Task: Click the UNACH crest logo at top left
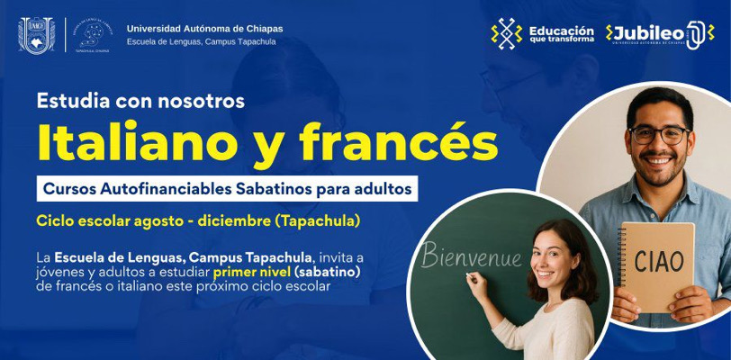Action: pyautogui.click(x=37, y=34)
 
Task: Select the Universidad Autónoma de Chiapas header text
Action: pyautogui.click(x=204, y=29)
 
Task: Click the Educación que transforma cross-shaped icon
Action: pyautogui.click(x=507, y=34)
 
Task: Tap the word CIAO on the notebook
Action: pyautogui.click(x=659, y=262)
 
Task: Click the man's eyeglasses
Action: pyautogui.click(x=660, y=135)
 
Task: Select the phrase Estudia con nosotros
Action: pyautogui.click(x=140, y=101)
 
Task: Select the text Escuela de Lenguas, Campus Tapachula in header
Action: pyautogui.click(x=204, y=42)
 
